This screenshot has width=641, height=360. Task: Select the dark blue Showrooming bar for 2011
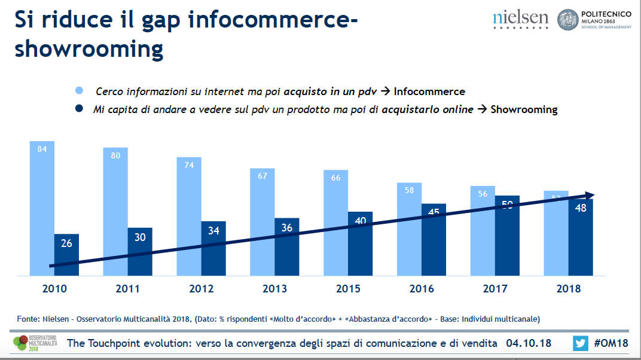(x=140, y=251)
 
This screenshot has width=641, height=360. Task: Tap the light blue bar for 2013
(x=262, y=221)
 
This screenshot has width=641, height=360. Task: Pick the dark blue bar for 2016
(x=434, y=239)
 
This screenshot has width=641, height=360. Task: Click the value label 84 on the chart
(x=42, y=149)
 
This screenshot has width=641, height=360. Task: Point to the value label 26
(x=66, y=243)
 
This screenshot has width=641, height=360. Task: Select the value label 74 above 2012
(x=189, y=165)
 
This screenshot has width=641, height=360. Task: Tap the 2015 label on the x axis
(x=348, y=289)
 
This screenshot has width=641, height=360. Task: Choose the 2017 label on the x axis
(x=495, y=289)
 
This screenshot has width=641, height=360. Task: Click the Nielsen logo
(x=520, y=19)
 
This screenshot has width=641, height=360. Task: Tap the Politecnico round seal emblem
(x=567, y=20)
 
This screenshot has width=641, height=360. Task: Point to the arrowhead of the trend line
(x=589, y=196)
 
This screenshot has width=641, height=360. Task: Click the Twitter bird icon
(x=580, y=343)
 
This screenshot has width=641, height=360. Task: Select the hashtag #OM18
(x=612, y=343)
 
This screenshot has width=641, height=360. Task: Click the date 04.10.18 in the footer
(x=528, y=343)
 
